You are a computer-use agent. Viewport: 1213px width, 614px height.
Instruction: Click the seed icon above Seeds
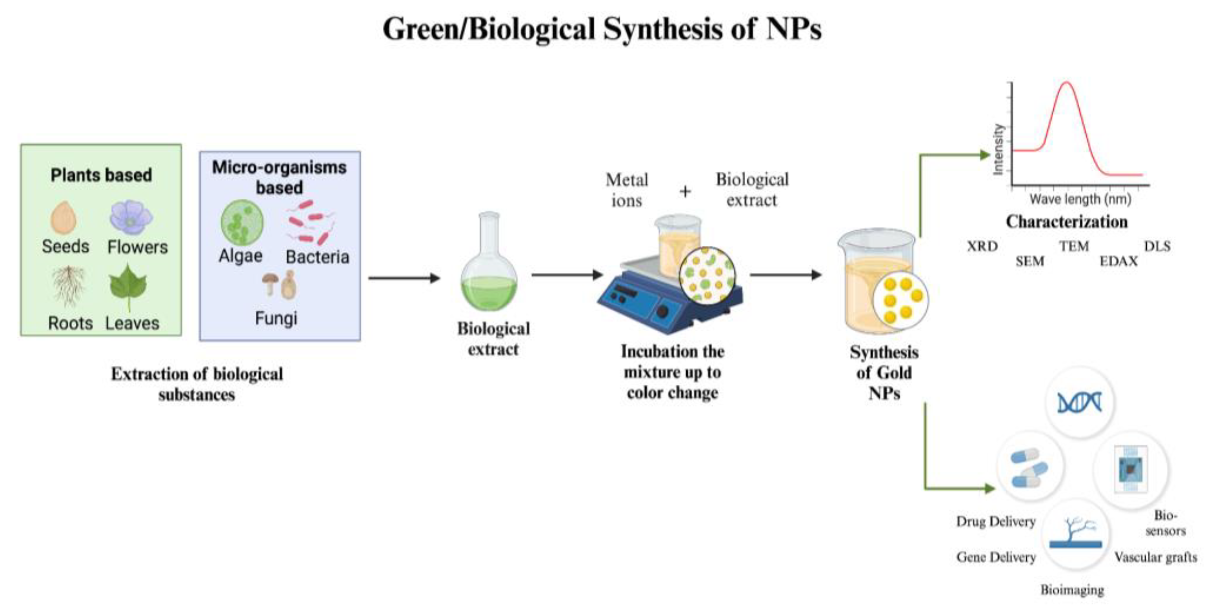click(63, 218)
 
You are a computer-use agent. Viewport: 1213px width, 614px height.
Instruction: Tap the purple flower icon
click(131, 217)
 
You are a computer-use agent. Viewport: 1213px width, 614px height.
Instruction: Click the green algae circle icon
click(242, 223)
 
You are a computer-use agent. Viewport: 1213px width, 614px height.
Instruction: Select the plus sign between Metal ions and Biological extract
click(685, 191)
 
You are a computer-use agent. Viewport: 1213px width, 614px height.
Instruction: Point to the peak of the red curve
click(1067, 84)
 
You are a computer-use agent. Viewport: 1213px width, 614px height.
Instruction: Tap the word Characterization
click(1067, 221)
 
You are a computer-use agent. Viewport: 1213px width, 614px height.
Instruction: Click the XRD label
click(982, 246)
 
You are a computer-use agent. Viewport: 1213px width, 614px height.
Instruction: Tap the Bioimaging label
click(1072, 590)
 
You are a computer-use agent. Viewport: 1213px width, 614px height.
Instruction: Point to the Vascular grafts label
click(1156, 557)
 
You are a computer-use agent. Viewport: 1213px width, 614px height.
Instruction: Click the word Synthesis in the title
click(662, 29)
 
